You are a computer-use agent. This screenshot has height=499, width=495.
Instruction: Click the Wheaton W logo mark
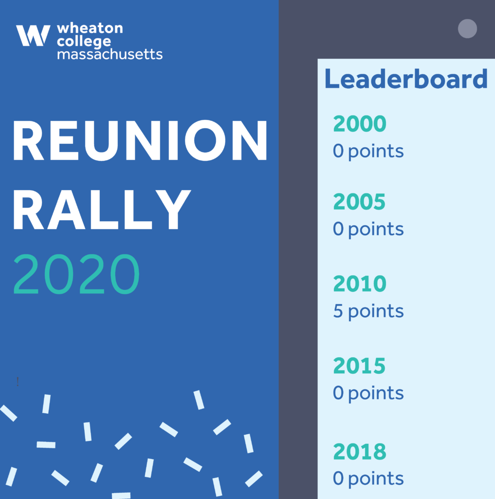[33, 36]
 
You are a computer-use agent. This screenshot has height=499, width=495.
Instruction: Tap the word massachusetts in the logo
[110, 54]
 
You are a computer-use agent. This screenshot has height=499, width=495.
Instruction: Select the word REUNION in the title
[140, 140]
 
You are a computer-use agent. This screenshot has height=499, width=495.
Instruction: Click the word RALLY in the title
[102, 209]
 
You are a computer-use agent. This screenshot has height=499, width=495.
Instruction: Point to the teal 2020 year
[76, 274]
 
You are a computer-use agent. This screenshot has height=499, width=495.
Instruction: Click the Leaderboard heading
[406, 78]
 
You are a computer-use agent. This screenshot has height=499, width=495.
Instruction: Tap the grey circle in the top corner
[467, 29]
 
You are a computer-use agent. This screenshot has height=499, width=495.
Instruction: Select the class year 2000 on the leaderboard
[360, 123]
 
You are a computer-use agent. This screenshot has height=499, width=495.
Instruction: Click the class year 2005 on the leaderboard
[359, 202]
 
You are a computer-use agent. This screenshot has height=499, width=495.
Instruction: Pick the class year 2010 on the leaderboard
[360, 284]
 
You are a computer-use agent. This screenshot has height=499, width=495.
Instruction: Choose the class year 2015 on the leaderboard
[359, 365]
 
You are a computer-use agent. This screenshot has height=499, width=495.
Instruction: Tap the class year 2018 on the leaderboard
[360, 452]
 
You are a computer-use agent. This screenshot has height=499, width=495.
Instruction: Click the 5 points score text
[368, 311]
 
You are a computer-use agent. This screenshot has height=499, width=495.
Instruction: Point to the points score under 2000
[368, 152]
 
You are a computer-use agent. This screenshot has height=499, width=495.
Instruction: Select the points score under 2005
[368, 230]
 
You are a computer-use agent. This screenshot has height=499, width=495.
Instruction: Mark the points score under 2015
[368, 394]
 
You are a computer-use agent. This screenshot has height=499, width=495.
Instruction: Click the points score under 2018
[368, 479]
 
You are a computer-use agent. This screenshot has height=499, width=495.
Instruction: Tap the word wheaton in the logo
[90, 28]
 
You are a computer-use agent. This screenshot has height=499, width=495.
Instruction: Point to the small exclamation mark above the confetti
[18, 381]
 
